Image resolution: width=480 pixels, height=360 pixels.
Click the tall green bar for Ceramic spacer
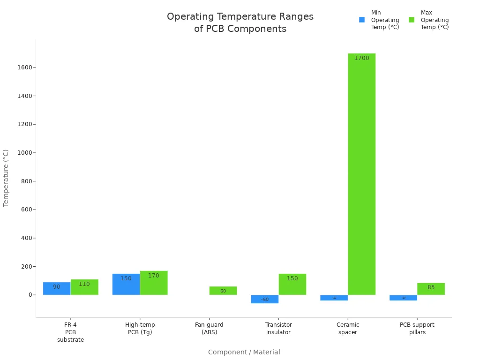pos(361,173)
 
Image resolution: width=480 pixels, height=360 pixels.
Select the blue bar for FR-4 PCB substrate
pos(57,288)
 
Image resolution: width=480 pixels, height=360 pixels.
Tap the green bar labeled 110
pos(84,287)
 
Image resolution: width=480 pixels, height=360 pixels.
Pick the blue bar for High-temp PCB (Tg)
pos(126,284)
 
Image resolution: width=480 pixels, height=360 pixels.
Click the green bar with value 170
pos(154,283)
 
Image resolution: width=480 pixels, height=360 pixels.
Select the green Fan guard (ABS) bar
pos(223,291)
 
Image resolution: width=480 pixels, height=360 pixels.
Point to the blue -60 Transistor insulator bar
pos(265,299)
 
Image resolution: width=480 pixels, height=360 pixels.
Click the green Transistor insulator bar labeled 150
pos(292,284)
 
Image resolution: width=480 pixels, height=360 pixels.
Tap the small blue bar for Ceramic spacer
pos(334,298)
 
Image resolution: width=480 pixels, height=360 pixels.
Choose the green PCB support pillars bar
pos(431,289)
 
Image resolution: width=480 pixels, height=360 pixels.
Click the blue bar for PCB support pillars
pos(403,298)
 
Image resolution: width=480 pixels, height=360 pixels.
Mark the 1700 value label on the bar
pos(361,58)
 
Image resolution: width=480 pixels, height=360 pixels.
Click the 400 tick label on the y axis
pos(26,238)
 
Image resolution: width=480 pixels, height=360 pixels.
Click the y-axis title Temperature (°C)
pos(6,178)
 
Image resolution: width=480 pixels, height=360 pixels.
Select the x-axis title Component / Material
pos(244,352)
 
